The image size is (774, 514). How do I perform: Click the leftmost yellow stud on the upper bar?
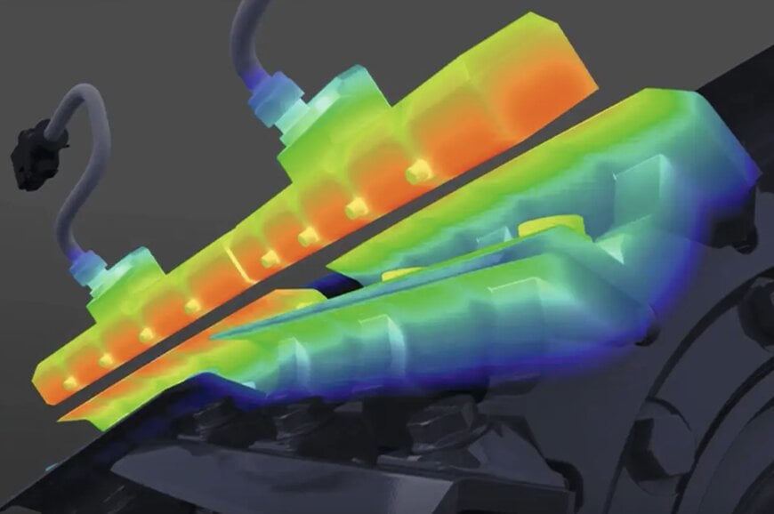point(69,383)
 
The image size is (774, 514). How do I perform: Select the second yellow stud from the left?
point(106,360)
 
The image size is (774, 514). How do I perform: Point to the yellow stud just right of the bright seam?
point(267,259)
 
